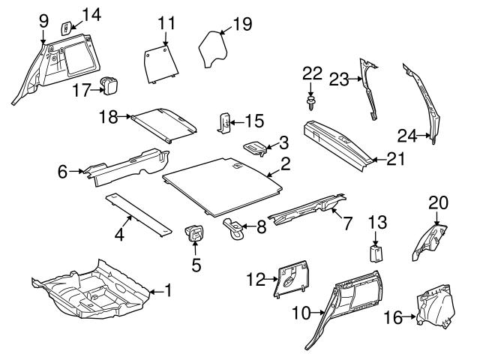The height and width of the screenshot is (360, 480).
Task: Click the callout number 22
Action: point(312,73)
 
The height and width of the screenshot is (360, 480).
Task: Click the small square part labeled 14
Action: point(66,27)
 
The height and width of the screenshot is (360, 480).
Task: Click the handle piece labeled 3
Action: point(255,147)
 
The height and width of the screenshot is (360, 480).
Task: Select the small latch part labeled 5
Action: point(195,233)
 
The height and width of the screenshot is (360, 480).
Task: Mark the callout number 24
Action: point(406,136)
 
